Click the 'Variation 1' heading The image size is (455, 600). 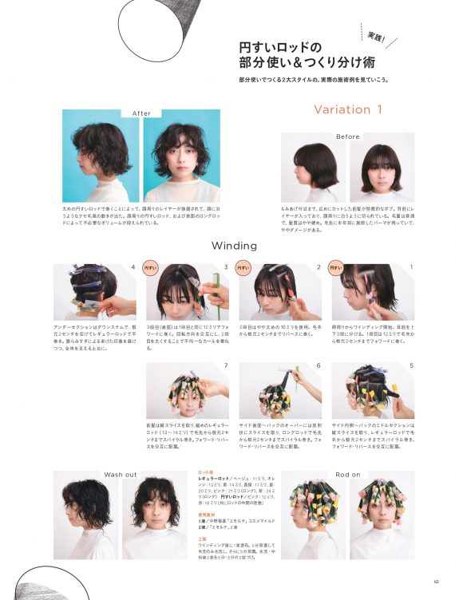[347, 109]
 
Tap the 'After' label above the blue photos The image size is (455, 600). [140, 113]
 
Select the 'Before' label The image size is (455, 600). [347, 136]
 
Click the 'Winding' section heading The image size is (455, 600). [234, 246]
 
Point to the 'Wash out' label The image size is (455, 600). [121, 475]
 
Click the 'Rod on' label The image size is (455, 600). [347, 475]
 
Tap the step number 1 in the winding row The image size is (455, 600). [411, 267]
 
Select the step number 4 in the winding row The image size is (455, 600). [133, 267]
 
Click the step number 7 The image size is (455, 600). [226, 365]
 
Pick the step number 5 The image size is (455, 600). [411, 365]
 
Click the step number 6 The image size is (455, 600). [318, 365]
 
